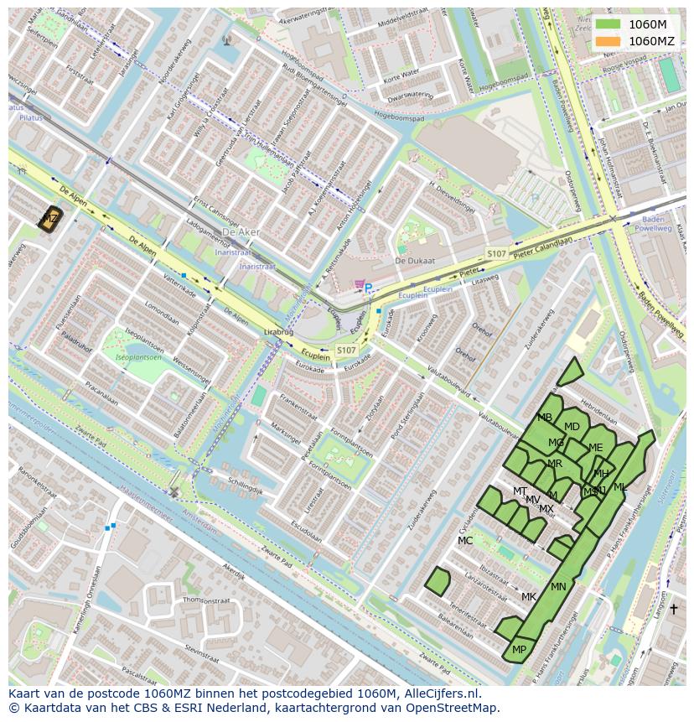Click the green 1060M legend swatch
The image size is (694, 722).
tap(609, 24)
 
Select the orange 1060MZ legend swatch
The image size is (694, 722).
tap(609, 41)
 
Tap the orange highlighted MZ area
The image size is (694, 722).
tap(50, 219)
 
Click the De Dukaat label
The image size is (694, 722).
tap(415, 261)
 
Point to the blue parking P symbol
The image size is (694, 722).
tap(368, 288)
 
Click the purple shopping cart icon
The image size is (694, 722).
tap(360, 284)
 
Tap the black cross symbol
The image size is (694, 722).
tap(673, 608)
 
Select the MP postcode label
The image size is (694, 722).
tap(519, 650)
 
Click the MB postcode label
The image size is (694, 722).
tap(545, 418)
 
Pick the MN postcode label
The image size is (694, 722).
tap(558, 587)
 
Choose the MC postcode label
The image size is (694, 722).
tap(465, 541)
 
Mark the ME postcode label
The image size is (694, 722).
tap(595, 448)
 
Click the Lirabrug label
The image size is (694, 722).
tap(279, 332)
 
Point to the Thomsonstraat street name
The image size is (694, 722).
tap(205, 600)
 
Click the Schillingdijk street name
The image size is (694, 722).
tap(246, 487)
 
